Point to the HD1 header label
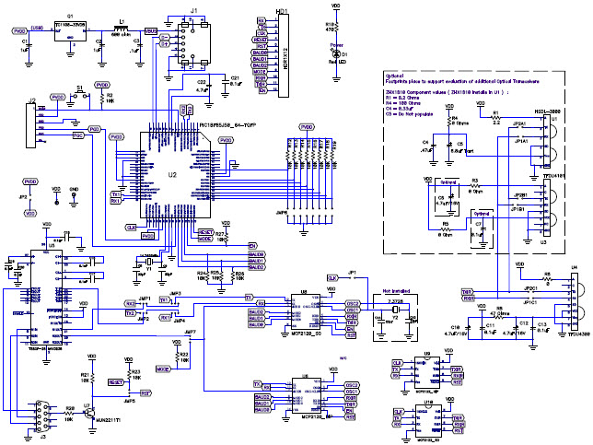(282, 11)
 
